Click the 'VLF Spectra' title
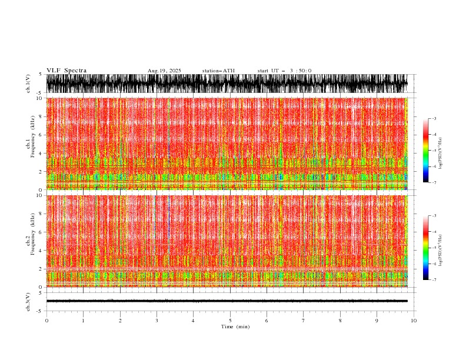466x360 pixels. pyautogui.click(x=66, y=71)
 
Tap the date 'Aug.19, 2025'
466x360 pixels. pyautogui.click(x=164, y=71)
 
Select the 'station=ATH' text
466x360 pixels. pyautogui.click(x=218, y=71)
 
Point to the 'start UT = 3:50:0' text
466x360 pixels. pyautogui.click(x=284, y=71)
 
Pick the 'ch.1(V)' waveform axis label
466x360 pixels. pyautogui.click(x=28, y=84)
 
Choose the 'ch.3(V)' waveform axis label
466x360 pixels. pyautogui.click(x=28, y=301)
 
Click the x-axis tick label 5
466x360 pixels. pyautogui.click(x=230, y=321)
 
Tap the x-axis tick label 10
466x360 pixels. pyautogui.click(x=414, y=321)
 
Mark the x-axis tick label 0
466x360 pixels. pyautogui.click(x=46, y=321)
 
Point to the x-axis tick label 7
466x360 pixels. pyautogui.click(x=304, y=321)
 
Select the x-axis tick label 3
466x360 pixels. pyautogui.click(x=157, y=321)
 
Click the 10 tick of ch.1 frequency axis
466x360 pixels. pyautogui.click(x=39, y=98)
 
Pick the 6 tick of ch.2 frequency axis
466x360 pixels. pyautogui.click(x=40, y=232)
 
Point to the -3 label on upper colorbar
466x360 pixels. pyautogui.click(x=434, y=119)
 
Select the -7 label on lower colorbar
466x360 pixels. pyautogui.click(x=434, y=280)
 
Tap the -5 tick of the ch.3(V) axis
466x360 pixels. pyautogui.click(x=39, y=311)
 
